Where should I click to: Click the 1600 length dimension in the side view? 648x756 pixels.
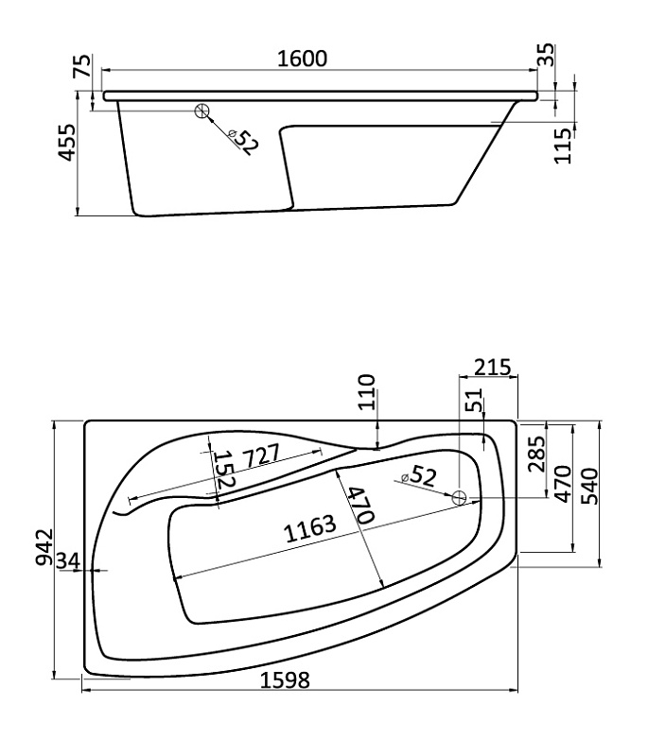click(303, 59)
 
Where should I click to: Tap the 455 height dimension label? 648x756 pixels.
click(67, 143)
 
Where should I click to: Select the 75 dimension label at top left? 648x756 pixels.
click(81, 66)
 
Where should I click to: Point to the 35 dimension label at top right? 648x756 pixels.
click(546, 55)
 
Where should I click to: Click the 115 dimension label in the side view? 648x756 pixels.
click(563, 146)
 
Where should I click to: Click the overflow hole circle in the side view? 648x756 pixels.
click(201, 111)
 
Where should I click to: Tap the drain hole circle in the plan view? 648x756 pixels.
click(459, 498)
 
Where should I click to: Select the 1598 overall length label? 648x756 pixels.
click(285, 680)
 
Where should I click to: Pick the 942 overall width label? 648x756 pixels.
click(44, 547)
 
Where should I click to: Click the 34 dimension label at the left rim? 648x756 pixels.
click(68, 560)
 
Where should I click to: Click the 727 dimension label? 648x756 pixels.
click(261, 456)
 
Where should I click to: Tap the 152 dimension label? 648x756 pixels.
click(224, 469)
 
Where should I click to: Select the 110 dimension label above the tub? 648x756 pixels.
click(368, 391)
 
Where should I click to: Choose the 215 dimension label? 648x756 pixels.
click(491, 368)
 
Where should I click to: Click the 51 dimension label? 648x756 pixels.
click(474, 400)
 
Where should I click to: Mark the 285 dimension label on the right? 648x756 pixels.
click(536, 454)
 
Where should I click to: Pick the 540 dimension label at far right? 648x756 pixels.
click(589, 486)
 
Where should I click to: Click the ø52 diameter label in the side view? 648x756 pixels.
click(245, 142)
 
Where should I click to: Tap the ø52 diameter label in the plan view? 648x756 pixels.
click(418, 476)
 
